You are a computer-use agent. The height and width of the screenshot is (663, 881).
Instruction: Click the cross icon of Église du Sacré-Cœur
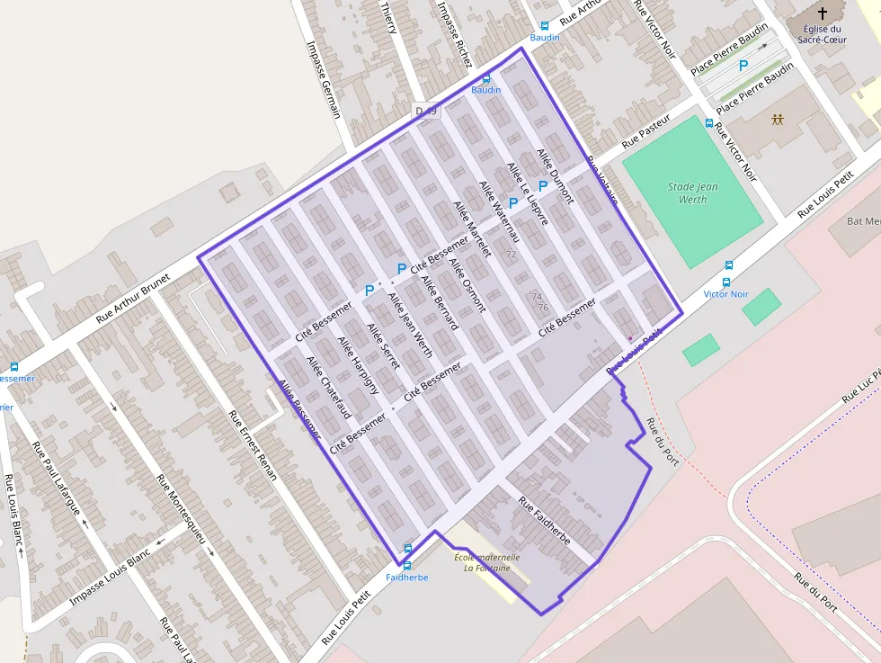[x=822, y=13]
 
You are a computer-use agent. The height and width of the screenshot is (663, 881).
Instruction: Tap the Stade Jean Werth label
[x=693, y=193]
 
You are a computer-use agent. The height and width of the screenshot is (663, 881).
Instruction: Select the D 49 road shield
[x=425, y=111]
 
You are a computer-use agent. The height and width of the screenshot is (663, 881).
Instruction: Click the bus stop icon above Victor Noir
[x=728, y=265]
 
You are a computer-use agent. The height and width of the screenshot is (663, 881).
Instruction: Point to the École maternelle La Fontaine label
[x=486, y=562]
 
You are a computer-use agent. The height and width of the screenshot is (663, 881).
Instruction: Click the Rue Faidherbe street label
[x=545, y=522]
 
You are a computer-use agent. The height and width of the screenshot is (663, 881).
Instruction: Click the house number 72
[x=512, y=255]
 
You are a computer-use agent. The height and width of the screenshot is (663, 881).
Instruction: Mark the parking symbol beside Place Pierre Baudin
[x=743, y=65]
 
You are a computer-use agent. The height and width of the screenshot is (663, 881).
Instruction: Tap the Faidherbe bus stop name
[x=406, y=578]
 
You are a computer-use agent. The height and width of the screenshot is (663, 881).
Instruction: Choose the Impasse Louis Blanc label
[x=110, y=573]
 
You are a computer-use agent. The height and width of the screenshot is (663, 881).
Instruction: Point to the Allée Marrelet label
[x=473, y=229]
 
